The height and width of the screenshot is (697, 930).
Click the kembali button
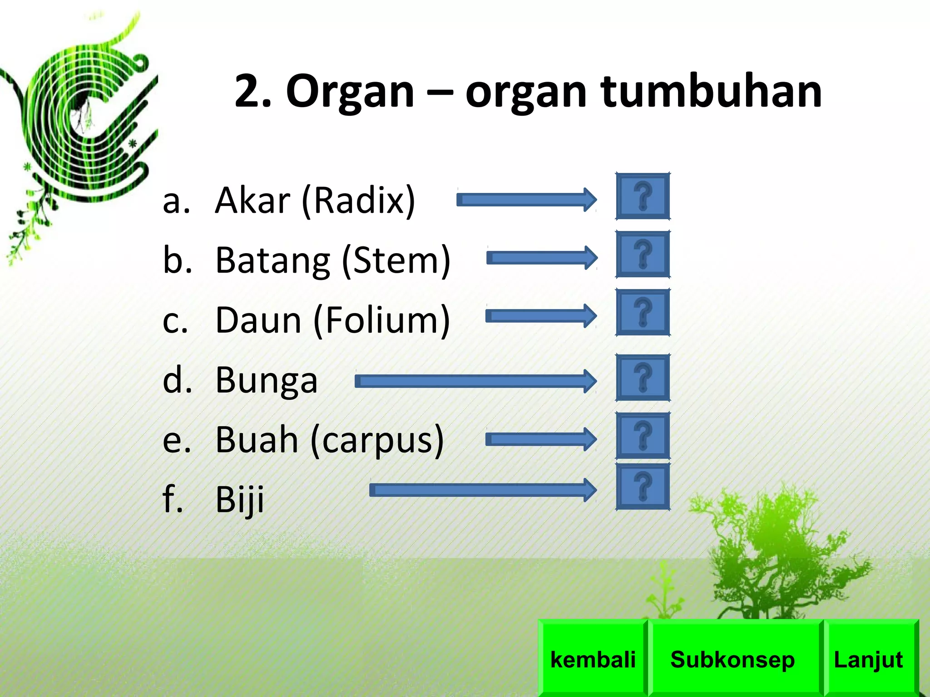pyautogui.click(x=593, y=659)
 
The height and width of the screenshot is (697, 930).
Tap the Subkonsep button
pyautogui.click(x=732, y=659)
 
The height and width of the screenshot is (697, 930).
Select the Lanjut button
pyautogui.click(x=868, y=659)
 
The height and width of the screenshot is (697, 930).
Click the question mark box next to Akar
pyautogui.click(x=643, y=196)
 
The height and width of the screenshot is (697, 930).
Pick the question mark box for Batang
pyautogui.click(x=643, y=254)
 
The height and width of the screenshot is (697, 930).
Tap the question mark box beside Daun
pyautogui.click(x=643, y=312)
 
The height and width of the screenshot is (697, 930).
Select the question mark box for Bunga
pyautogui.click(x=643, y=378)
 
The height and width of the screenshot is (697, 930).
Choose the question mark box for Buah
pyautogui.click(x=643, y=436)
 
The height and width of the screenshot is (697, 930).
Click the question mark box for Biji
pyautogui.click(x=643, y=486)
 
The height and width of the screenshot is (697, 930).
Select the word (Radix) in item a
pyautogui.click(x=358, y=201)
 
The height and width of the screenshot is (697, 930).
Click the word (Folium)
pyautogui.click(x=381, y=320)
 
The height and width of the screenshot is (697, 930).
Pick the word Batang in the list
pyautogui.click(x=272, y=260)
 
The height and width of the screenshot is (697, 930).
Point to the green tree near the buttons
pyautogui.click(x=777, y=554)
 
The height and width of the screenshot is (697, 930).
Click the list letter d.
pyautogui.click(x=175, y=380)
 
